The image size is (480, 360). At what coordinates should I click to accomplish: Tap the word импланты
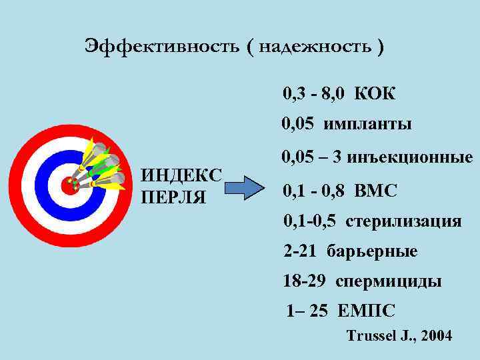(367, 125)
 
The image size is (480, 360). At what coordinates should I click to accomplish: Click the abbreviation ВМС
(377, 191)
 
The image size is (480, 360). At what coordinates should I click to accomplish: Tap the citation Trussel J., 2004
(399, 336)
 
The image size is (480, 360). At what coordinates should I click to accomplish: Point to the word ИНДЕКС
(182, 177)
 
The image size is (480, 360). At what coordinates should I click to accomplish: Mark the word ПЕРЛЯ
(174, 197)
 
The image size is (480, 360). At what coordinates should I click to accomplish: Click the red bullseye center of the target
(67, 185)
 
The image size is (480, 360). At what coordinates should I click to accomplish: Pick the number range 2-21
(299, 251)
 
